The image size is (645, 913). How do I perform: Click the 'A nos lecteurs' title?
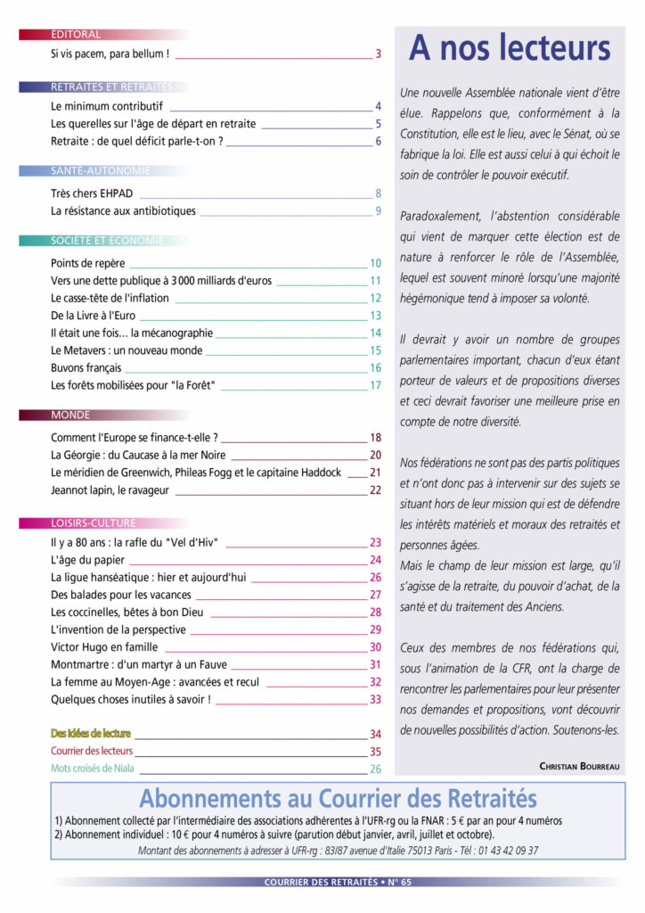coord(510,48)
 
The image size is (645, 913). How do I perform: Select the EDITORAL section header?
coord(76,35)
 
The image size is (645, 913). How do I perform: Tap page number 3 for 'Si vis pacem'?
coord(378,53)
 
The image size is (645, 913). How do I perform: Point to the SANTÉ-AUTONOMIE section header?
coord(101,170)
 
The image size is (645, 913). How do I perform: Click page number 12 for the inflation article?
coord(375,298)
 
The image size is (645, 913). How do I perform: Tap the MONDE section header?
coord(70,415)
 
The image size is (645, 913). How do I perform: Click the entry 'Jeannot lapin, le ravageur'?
coord(110,490)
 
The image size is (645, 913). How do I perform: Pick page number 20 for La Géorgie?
coord(375,455)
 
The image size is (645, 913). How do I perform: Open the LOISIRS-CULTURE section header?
coord(94,523)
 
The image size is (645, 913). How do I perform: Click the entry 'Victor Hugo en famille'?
coord(104,647)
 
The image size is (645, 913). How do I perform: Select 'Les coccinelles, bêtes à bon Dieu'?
coord(128,612)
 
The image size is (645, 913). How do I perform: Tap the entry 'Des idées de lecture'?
coord(91,734)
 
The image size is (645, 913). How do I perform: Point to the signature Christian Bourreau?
coord(579,766)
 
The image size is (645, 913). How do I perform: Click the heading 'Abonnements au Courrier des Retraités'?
coord(338,797)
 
